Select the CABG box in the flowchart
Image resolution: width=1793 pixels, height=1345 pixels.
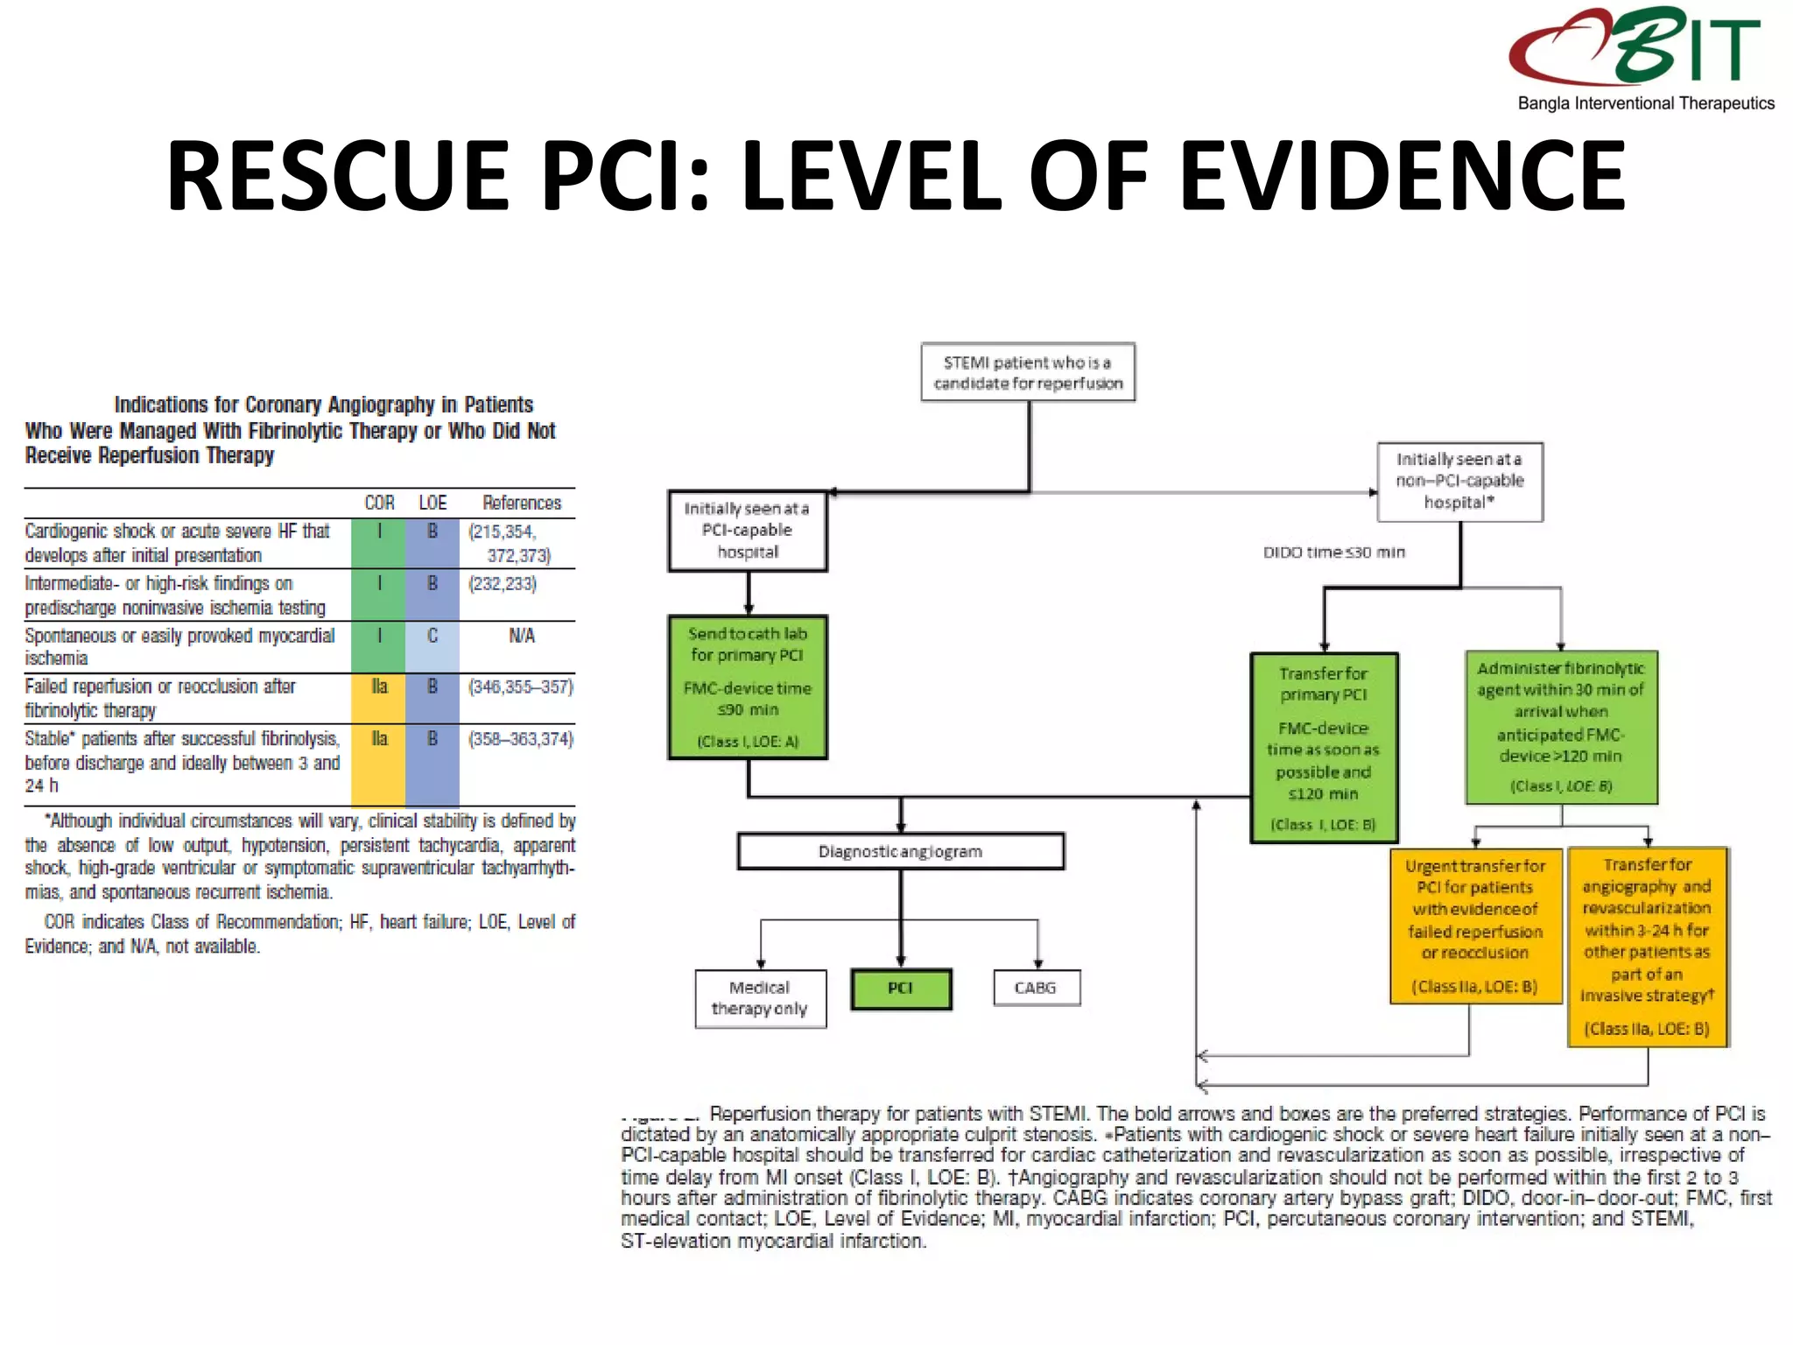pos(1036,988)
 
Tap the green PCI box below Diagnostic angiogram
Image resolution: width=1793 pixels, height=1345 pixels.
pos(901,989)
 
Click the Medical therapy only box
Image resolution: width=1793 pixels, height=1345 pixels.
pos(760,998)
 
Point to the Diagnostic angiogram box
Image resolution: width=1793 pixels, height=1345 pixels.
pos(900,851)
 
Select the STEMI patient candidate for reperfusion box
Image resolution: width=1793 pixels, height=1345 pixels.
pos(1028,372)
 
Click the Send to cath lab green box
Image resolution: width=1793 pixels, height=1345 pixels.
pos(748,687)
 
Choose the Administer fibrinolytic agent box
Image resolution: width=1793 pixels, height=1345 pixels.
pos(1561,727)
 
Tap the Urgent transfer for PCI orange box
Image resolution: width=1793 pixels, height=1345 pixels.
pos(1475,926)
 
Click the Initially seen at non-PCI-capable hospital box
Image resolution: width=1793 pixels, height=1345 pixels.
pos(1459,481)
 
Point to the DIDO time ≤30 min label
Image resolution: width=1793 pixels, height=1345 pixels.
pos(1333,553)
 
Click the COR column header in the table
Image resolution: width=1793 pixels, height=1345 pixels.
pos(379,503)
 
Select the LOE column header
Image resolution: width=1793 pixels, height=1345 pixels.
pos(432,503)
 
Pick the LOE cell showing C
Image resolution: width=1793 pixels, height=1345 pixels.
pos(432,637)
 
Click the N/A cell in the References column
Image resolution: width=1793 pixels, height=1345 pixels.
pos(522,637)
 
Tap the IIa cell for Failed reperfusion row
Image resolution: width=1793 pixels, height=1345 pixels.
pos(379,687)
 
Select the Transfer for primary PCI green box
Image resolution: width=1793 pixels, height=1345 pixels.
pos(1324,748)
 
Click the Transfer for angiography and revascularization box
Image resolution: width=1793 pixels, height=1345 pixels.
pos(1647,946)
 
